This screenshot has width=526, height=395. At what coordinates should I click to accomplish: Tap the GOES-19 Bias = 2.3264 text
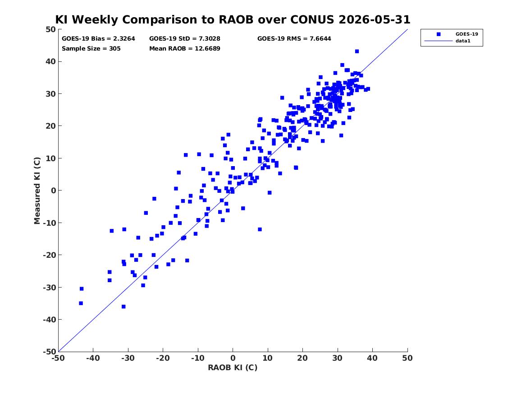click(x=98, y=39)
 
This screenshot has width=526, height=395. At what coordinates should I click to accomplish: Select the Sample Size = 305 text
click(x=91, y=48)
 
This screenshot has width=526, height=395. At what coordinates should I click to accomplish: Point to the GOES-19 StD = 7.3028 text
click(x=184, y=39)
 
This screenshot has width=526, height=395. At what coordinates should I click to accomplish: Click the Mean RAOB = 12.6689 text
click(x=184, y=48)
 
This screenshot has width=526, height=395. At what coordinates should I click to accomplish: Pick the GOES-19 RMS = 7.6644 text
click(x=294, y=39)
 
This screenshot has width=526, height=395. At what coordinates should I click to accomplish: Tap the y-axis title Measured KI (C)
click(x=37, y=191)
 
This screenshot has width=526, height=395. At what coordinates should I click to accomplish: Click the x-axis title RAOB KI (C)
click(x=233, y=367)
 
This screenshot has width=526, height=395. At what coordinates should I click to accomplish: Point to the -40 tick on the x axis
click(x=93, y=358)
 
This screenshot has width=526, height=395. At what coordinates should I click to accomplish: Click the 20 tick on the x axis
click(x=302, y=358)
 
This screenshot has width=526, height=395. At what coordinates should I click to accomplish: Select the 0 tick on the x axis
click(x=233, y=358)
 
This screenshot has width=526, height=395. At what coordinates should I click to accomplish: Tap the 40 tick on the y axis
click(x=50, y=61)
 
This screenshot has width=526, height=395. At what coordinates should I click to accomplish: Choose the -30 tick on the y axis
click(x=49, y=287)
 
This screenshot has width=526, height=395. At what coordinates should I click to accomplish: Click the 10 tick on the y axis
click(x=50, y=158)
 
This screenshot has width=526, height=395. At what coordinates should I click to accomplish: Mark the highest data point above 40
click(x=357, y=51)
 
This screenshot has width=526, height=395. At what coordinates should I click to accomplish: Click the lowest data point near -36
click(x=123, y=307)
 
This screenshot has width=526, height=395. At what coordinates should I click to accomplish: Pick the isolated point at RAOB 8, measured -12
click(x=260, y=229)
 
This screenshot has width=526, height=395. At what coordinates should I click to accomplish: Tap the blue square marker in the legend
click(x=439, y=34)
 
